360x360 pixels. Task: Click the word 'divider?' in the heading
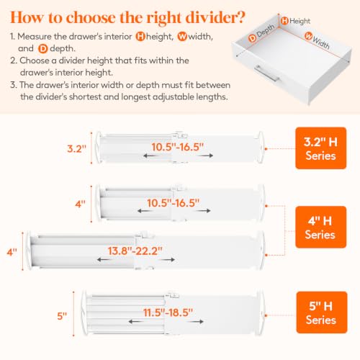pyautogui.click(x=215, y=17)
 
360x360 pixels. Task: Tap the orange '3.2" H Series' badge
pyautogui.click(x=320, y=148)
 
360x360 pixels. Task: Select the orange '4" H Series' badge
pyautogui.click(x=320, y=227)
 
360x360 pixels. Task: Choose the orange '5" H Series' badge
pyautogui.click(x=322, y=312)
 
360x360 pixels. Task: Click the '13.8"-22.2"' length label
pyautogui.click(x=135, y=251)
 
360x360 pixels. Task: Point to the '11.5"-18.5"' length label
pyautogui.click(x=168, y=312)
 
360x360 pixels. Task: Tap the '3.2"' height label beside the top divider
pyautogui.click(x=76, y=148)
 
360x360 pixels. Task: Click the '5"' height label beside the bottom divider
pyautogui.click(x=62, y=316)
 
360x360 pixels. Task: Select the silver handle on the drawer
pyautogui.click(x=266, y=73)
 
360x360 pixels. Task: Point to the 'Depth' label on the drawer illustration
pyautogui.click(x=266, y=31)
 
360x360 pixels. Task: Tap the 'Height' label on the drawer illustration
pyautogui.click(x=300, y=21)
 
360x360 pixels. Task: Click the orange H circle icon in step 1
pyautogui.click(x=140, y=37)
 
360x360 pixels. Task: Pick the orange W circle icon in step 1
pyautogui.click(x=182, y=37)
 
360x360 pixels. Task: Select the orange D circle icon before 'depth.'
pyautogui.click(x=43, y=49)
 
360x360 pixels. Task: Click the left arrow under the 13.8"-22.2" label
pyautogui.click(x=104, y=259)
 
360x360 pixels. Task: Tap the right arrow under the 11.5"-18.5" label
pyautogui.click(x=197, y=321)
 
